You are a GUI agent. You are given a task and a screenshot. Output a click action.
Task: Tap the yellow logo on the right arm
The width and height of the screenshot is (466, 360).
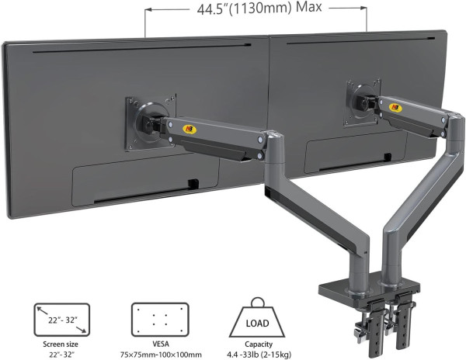tap(395, 108)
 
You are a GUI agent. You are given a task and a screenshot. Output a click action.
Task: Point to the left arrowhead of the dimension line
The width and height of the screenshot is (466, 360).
tap(148, 11)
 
